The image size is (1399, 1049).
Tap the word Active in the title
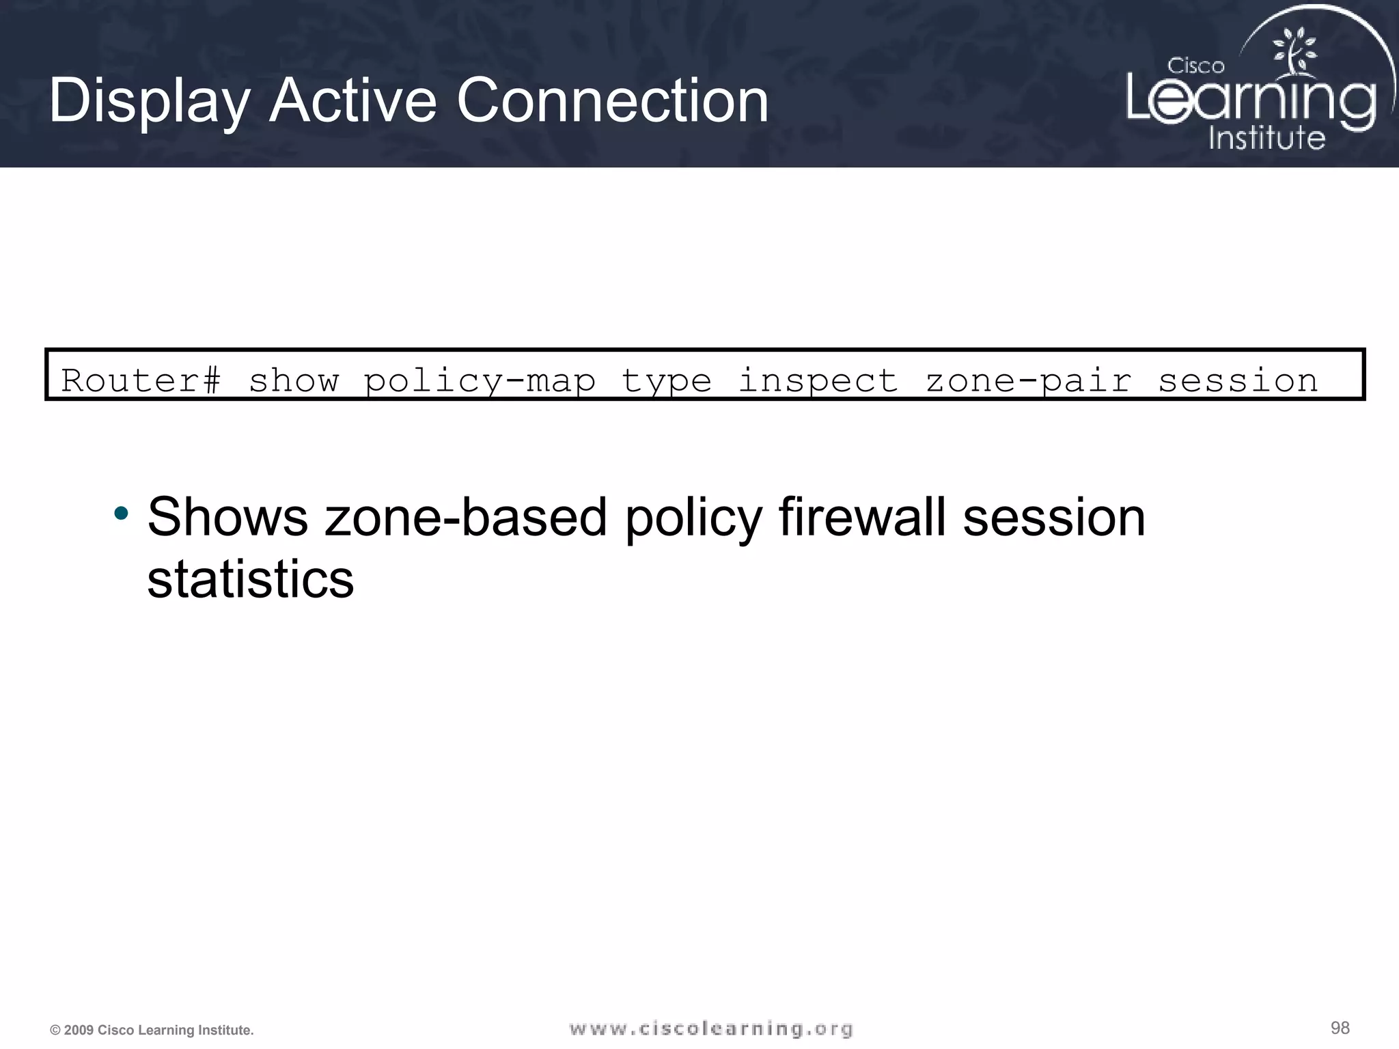pos(352,101)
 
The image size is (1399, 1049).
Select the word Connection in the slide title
pos(612,101)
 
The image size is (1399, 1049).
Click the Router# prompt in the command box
pos(141,380)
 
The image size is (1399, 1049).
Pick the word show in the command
pos(294,380)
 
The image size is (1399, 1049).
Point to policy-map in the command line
pos(480,381)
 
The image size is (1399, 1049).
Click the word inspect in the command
pos(818,381)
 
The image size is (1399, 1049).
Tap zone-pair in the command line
pos(1029,381)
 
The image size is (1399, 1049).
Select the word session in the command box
pos(1238,380)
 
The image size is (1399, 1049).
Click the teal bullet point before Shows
pos(121,514)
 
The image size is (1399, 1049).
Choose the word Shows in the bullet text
pos(227,517)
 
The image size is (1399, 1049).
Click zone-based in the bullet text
pos(466,517)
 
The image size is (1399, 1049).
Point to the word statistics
pos(251,579)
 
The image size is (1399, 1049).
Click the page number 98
pos(1340,1028)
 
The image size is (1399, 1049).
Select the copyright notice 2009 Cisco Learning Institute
pos(152,1030)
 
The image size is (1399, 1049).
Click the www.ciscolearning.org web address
pos(710,1029)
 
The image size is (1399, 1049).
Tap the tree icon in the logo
pos(1293,52)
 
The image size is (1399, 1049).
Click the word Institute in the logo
pos(1266,137)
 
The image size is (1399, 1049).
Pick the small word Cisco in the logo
pos(1195,66)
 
